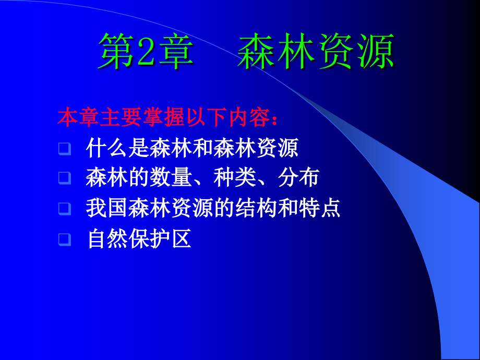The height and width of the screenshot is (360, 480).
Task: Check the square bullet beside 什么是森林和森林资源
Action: [x=64, y=149]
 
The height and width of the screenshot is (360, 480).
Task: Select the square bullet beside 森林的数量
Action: [x=64, y=178]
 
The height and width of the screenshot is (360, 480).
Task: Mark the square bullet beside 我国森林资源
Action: [x=64, y=209]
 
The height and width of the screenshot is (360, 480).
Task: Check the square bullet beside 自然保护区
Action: [x=64, y=239]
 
